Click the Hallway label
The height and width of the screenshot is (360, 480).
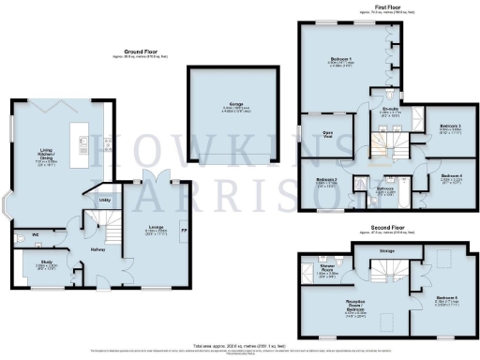pyautogui.click(x=96, y=248)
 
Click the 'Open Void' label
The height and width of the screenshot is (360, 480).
pyautogui.click(x=329, y=133)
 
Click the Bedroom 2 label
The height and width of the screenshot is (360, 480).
pyautogui.click(x=325, y=178)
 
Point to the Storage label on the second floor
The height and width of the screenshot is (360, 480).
pyautogui.click(x=386, y=250)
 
